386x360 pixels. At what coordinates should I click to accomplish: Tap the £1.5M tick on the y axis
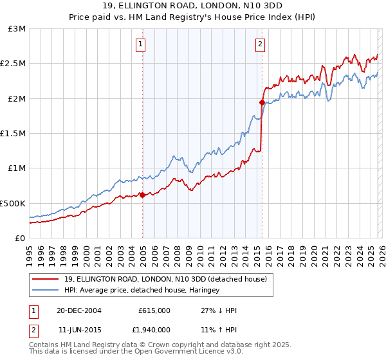14,134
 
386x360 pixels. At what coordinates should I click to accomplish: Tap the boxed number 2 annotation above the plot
260,44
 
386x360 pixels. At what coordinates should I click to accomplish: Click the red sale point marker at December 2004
142,195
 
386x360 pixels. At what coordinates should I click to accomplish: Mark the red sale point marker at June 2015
262,102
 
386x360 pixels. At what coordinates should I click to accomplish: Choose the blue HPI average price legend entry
142,291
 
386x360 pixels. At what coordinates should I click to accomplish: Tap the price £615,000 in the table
154,310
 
